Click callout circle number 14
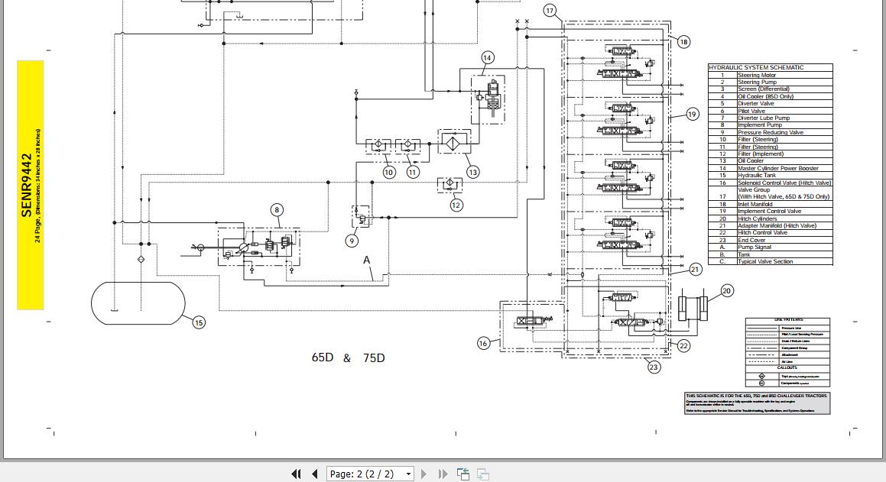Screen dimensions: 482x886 pyautogui.click(x=488, y=58)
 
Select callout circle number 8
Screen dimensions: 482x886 pyautogui.click(x=277, y=210)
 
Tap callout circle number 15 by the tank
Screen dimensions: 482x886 pyautogui.click(x=199, y=322)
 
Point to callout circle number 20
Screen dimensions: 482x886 pyautogui.click(x=726, y=290)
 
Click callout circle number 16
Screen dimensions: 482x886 pyautogui.click(x=483, y=344)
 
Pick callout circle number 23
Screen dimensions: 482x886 pyautogui.click(x=654, y=367)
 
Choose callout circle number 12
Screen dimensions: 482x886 pyautogui.click(x=456, y=205)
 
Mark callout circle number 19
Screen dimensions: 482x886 pyautogui.click(x=692, y=115)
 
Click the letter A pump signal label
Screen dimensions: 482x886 pyautogui.click(x=367, y=260)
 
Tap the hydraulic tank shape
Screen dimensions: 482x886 pyautogui.click(x=138, y=303)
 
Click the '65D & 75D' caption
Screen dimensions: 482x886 pyautogui.click(x=348, y=358)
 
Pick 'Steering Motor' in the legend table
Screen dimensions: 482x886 pyautogui.click(x=757, y=75)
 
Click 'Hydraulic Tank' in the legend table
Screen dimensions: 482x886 pyautogui.click(x=757, y=176)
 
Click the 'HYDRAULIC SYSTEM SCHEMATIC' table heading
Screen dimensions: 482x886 pyautogui.click(x=757, y=67)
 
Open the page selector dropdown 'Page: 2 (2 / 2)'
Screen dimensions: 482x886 pyautogui.click(x=370, y=474)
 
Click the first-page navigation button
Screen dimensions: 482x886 pyautogui.click(x=296, y=474)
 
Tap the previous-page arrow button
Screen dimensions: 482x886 pyautogui.click(x=314, y=474)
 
